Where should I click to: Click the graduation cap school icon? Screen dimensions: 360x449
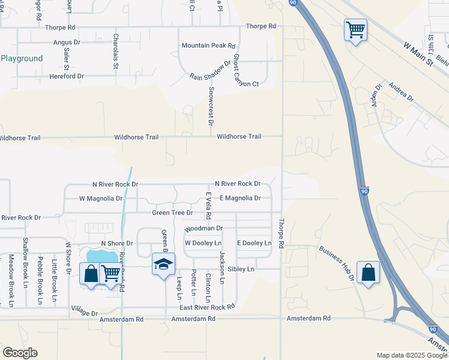point(163,265)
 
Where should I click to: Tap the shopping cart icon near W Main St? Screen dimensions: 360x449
point(355,29)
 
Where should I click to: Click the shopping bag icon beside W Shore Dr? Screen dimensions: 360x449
point(91,274)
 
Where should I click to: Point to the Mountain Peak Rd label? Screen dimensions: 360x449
point(208,46)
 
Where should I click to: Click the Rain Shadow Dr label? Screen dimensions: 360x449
point(210,70)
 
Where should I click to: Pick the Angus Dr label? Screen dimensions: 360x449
point(67,42)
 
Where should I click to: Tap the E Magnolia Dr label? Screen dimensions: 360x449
point(240,198)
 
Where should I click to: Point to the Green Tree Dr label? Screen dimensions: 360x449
point(172,212)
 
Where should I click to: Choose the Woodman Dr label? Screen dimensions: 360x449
point(203,229)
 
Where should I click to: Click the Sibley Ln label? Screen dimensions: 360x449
point(242,270)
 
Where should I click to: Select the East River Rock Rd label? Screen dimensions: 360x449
point(207,307)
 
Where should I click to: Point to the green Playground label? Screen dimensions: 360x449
point(22,59)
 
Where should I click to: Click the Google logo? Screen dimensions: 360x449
point(20,353)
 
